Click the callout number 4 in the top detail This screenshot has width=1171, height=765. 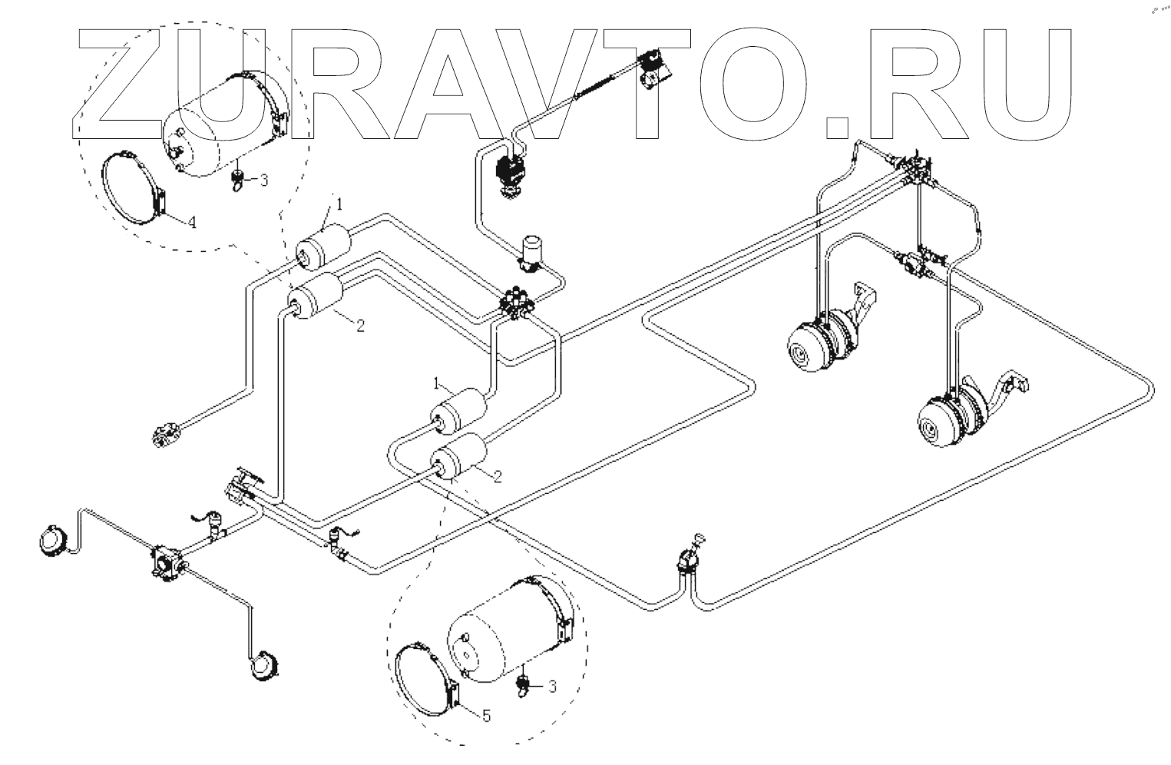click(193, 223)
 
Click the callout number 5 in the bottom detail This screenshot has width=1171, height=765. click(486, 716)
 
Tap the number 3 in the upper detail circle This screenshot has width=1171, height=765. click(264, 180)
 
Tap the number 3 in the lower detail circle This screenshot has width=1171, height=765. click(552, 687)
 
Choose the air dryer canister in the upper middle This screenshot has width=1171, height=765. click(531, 252)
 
